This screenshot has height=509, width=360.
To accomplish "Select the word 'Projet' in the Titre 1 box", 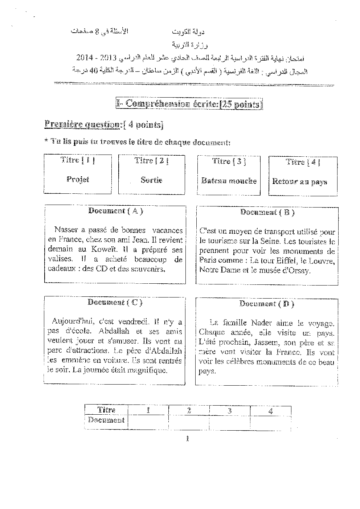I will click(x=78, y=179).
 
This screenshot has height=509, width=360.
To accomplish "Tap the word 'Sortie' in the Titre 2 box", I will click(x=151, y=180).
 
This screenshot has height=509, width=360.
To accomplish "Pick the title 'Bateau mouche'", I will click(x=229, y=181).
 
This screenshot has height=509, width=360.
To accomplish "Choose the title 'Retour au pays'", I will click(x=300, y=182).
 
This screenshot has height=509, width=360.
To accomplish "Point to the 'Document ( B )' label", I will click(x=267, y=213).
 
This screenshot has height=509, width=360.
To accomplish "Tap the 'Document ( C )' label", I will click(x=115, y=302).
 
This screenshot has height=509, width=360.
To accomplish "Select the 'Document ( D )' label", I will click(x=267, y=304).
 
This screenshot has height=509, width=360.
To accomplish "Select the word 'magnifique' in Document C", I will click(x=149, y=370).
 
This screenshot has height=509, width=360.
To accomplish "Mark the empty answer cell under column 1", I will click(x=148, y=421).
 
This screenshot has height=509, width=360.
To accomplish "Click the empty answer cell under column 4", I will click(x=270, y=421).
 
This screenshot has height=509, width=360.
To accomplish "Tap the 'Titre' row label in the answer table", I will click(x=106, y=410).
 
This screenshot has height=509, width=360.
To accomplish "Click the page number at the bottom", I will click(x=187, y=439).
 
